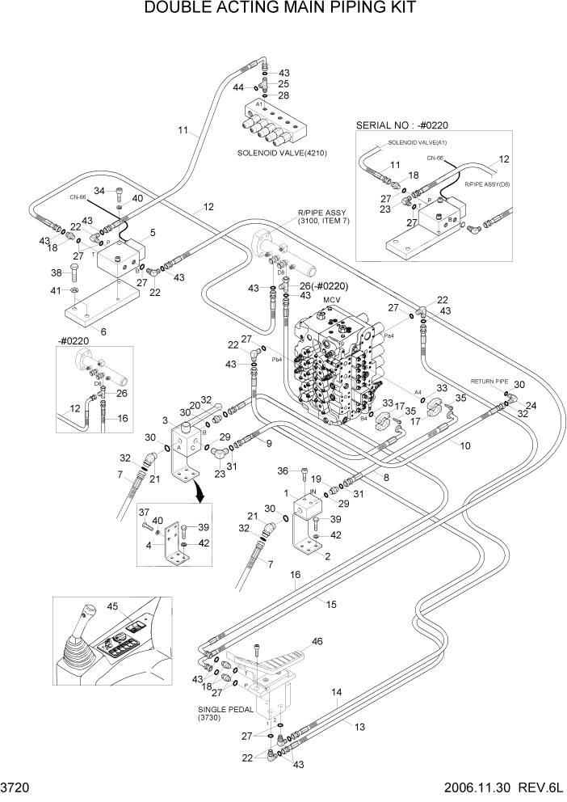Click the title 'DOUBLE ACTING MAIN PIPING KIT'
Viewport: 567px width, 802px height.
tap(279, 9)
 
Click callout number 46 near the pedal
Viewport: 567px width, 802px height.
tap(317, 641)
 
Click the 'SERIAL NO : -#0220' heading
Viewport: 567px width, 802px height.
tap(401, 125)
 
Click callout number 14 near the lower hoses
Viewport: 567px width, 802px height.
tap(337, 692)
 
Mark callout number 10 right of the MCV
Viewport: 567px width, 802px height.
tap(465, 445)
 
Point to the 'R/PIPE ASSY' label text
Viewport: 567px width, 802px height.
tap(322, 213)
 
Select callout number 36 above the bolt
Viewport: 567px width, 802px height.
tap(282, 471)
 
